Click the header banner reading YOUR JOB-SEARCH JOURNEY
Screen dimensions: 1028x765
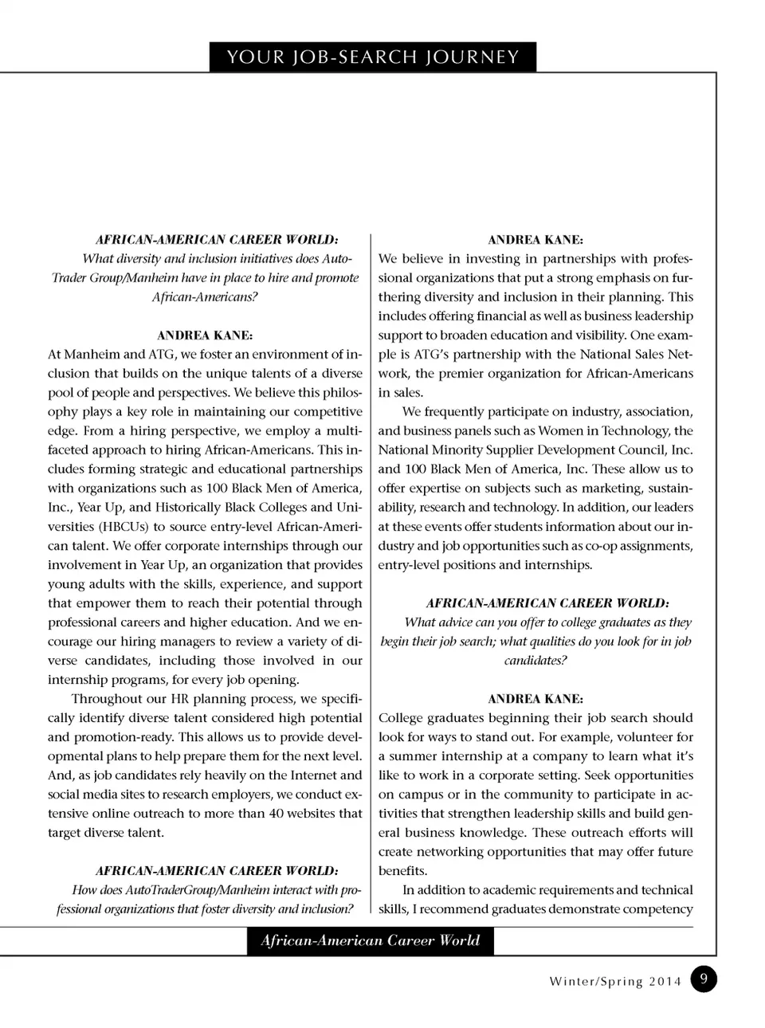373,57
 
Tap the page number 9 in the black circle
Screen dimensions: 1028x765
703,979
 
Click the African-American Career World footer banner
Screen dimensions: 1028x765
370,940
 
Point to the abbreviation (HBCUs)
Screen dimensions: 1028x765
124,527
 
